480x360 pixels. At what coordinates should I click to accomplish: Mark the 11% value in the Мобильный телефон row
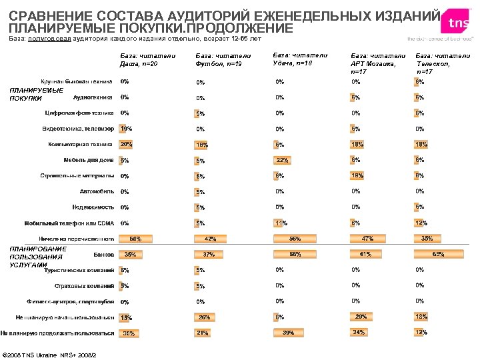coord(281,223)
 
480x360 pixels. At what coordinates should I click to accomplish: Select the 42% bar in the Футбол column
coord(211,239)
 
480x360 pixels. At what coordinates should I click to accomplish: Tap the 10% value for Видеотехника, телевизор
coord(125,128)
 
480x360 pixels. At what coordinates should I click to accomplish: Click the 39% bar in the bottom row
coord(289,332)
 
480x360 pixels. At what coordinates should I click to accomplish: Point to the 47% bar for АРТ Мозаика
coord(367,238)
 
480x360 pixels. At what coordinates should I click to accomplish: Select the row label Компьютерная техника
coord(80,144)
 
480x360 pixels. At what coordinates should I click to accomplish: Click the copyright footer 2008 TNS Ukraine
coord(50,353)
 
